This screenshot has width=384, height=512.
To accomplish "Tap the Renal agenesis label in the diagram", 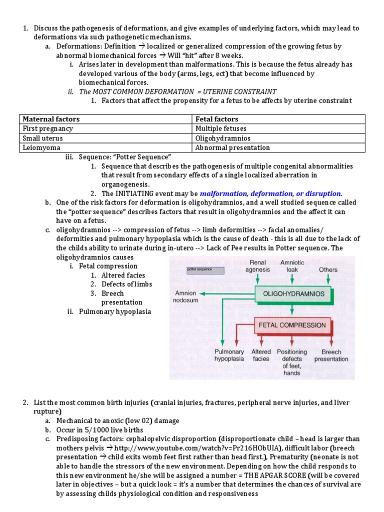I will click(x=257, y=265).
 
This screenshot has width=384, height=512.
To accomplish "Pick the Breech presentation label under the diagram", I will click(x=331, y=355).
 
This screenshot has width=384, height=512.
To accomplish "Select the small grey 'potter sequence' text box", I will click(x=205, y=270).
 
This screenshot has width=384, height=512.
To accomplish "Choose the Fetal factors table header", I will click(x=217, y=119).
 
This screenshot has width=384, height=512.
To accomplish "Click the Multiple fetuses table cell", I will click(x=220, y=128).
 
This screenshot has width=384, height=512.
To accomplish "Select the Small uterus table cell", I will click(x=43, y=138).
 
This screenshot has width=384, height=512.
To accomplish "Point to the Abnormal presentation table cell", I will click(x=232, y=147).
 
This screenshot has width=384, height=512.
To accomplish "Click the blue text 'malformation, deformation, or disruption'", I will click(x=271, y=193).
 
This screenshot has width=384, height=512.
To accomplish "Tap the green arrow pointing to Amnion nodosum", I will click(x=230, y=294).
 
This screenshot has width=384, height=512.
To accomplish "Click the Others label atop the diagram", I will click(x=328, y=269).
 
